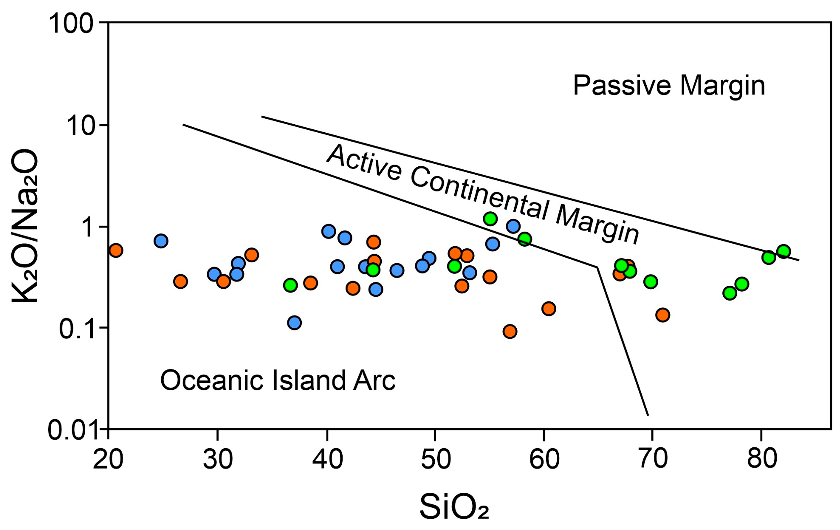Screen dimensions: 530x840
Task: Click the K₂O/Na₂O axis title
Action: pos(25,227)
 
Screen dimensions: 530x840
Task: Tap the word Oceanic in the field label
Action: pos(211,380)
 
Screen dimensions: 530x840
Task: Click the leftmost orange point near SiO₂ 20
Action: pos(116,250)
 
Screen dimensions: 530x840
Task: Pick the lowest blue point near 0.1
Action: pos(295,322)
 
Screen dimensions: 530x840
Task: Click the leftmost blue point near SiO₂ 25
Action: pos(161,241)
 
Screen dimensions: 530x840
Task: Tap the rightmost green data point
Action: pos(783,251)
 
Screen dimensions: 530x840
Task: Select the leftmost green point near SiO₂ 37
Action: pos(290,285)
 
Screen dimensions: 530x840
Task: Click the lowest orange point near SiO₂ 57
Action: pos(510,331)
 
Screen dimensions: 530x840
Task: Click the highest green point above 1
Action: pos(490,219)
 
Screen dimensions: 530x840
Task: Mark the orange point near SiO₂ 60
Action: pos(549,309)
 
